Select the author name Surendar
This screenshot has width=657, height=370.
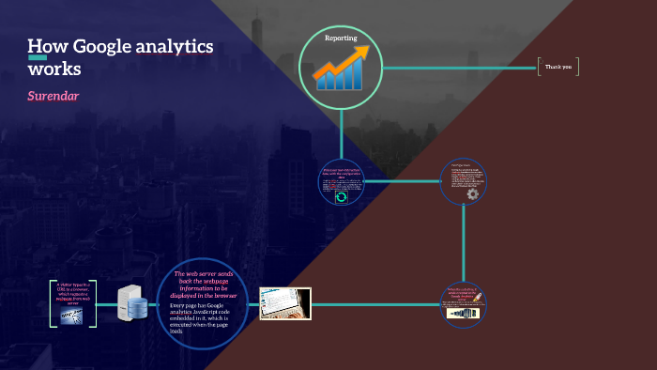pos(54,97)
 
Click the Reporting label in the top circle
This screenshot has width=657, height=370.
pos(341,39)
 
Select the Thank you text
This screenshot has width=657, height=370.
pos(560,67)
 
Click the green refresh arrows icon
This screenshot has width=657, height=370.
pos(341,196)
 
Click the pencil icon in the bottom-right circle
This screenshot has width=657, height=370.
pos(478,300)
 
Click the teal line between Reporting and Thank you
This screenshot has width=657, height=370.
pos(460,68)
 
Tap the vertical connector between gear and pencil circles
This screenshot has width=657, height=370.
pos(463,244)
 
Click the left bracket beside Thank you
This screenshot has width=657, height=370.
pos(540,67)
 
